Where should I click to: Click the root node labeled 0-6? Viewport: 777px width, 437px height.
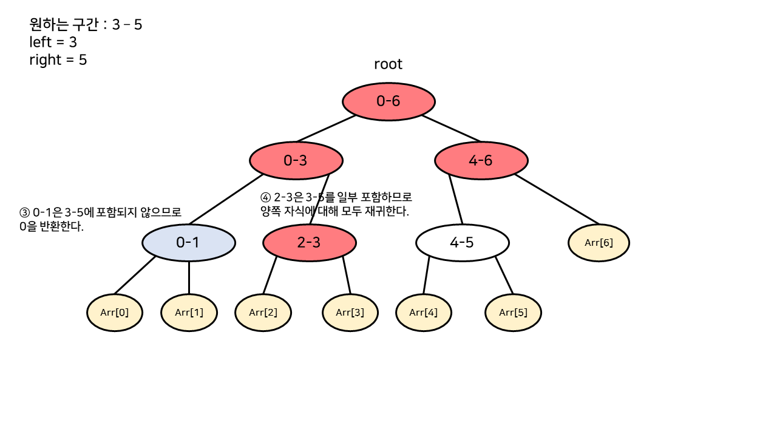(388, 101)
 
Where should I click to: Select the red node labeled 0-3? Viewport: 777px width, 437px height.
(296, 160)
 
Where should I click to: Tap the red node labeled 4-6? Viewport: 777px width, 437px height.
(481, 160)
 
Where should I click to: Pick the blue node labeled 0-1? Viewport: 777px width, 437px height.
(188, 243)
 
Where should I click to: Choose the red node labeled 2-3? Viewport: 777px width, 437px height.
(309, 243)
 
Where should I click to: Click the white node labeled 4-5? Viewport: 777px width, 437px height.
(462, 243)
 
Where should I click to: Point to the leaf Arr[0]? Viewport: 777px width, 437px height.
(115, 313)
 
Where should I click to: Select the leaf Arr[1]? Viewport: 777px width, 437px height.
(189, 313)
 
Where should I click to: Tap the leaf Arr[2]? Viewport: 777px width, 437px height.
(263, 313)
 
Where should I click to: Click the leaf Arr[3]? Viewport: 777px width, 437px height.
(350, 313)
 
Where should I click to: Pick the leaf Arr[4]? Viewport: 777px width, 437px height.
(424, 313)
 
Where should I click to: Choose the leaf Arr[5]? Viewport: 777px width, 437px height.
(513, 313)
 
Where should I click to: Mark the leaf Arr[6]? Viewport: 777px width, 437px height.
(599, 243)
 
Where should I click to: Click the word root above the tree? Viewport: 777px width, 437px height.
(388, 64)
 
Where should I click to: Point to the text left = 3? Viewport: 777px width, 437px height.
(53, 42)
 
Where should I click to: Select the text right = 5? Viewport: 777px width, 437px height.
(58, 60)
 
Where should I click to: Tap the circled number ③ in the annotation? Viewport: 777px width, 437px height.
(24, 213)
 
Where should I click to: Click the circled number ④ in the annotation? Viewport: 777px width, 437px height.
(265, 198)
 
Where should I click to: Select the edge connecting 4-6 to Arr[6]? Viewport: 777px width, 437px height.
(557, 200)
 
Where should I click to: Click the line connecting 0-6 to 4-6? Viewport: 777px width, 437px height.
(451, 128)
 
